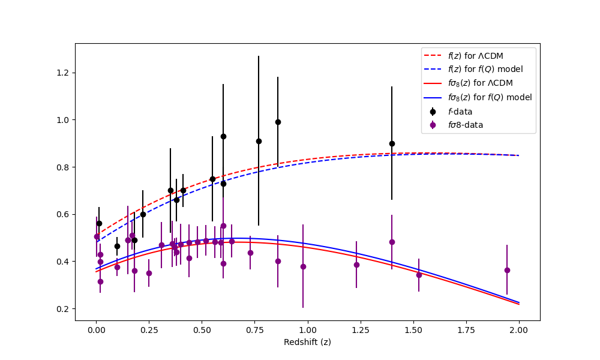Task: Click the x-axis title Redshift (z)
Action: click(307, 342)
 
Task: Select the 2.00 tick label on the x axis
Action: click(518, 330)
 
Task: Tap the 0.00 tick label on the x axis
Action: click(96, 330)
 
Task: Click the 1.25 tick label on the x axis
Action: click(360, 330)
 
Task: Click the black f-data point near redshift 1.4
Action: click(392, 143)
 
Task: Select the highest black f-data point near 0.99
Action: click(278, 122)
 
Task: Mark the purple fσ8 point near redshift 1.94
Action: click(507, 270)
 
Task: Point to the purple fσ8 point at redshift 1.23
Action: click(356, 265)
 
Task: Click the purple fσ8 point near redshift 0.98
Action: click(303, 266)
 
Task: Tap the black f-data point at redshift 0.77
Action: click(259, 141)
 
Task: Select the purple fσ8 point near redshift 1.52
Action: click(419, 275)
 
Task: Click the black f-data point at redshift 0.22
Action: click(143, 214)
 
